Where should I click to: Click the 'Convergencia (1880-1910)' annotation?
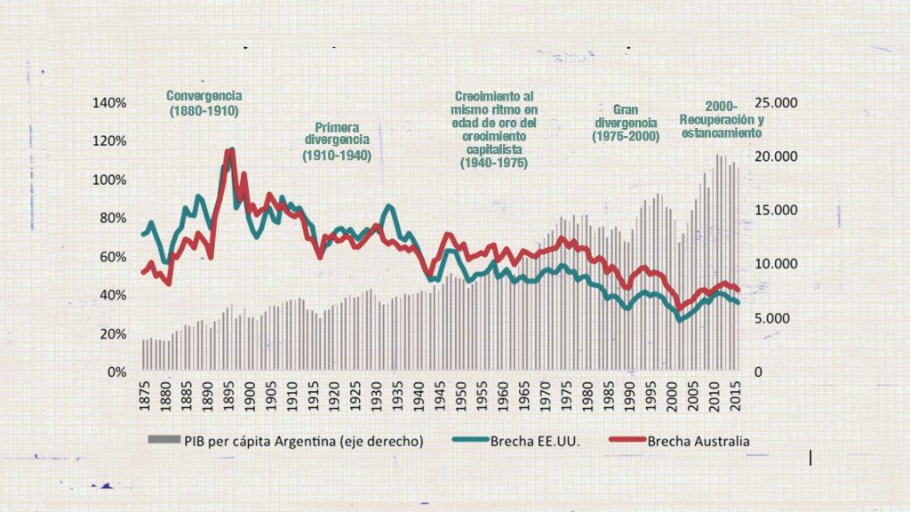[x=204, y=104]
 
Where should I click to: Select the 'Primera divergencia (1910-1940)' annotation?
[x=337, y=141]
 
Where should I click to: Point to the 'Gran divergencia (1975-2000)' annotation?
[x=626, y=123]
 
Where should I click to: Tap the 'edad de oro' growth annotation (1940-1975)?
[x=494, y=130]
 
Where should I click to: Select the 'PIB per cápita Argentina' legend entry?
[x=284, y=439]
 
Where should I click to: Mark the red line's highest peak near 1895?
[x=229, y=152]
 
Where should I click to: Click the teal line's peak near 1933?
[x=389, y=206]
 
